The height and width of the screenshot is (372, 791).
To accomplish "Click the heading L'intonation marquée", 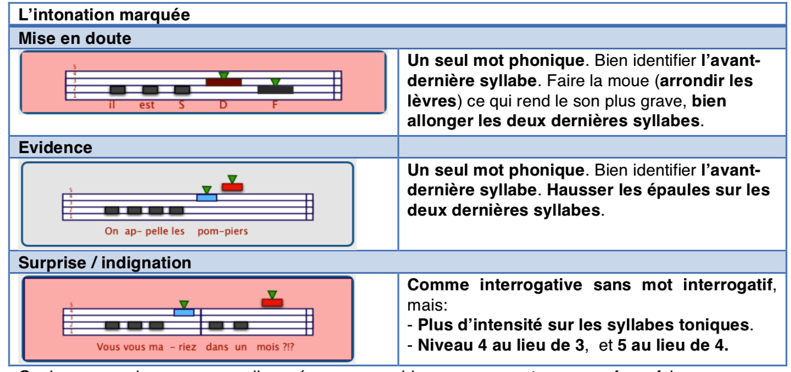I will coord(104,14).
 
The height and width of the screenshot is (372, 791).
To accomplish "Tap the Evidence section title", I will coord(55,148).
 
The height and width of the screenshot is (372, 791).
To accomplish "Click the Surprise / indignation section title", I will coord(105,263).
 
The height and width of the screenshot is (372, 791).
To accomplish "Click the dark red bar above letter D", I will coord(224,82).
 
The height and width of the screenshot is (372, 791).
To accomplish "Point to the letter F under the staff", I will coord(275,105).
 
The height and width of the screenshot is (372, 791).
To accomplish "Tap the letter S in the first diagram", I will coord(182,105).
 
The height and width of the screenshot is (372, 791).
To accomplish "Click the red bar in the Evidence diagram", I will coord(232,187).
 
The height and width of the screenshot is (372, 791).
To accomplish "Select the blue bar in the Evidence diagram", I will coord(207,198).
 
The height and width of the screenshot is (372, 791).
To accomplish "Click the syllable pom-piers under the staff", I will coord(222,231).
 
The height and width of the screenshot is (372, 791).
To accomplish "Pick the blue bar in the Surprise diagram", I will coord(183,313).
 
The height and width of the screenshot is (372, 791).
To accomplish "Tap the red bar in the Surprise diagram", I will coord(272,302).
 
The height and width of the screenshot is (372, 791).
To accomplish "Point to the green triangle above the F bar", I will coord(275,82).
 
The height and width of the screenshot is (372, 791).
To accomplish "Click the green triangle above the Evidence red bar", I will coord(232,179).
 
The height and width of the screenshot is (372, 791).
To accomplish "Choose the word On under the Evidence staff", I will coord(112,231).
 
